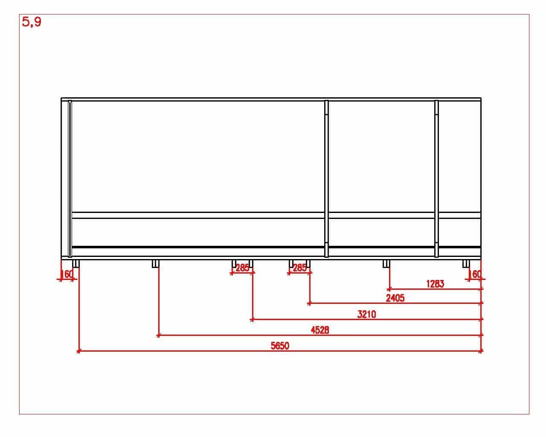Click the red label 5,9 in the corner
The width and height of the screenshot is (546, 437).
coord(32,22)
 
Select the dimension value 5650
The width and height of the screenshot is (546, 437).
coord(280,346)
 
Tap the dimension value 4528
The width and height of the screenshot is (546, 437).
coord(320,330)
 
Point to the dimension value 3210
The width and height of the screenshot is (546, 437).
coord(366,315)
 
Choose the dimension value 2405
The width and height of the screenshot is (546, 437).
coord(395,298)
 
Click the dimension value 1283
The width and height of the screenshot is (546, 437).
coord(435,284)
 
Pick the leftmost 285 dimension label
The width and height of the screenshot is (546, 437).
coord(243,268)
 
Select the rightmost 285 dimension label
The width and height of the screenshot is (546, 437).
coord(299,268)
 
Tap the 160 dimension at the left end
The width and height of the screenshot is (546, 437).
coord(67,274)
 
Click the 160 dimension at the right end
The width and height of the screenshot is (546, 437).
coord(474,274)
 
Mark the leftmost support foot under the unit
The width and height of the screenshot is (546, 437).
coord(76,264)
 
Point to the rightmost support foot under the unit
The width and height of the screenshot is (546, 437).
coord(466,264)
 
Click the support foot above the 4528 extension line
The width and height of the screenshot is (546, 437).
coord(156,264)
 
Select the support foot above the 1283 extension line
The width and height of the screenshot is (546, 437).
coord(386,264)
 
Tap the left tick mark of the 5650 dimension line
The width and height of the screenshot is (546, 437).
coord(78,351)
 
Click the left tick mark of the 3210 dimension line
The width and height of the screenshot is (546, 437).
coord(252,320)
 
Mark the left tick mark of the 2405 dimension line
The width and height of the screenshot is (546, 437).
coord(309,303)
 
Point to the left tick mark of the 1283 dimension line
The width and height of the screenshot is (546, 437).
coord(389,289)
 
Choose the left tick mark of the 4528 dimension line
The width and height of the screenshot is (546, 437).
coord(158,336)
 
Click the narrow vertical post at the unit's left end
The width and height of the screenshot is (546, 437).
coord(70,179)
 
